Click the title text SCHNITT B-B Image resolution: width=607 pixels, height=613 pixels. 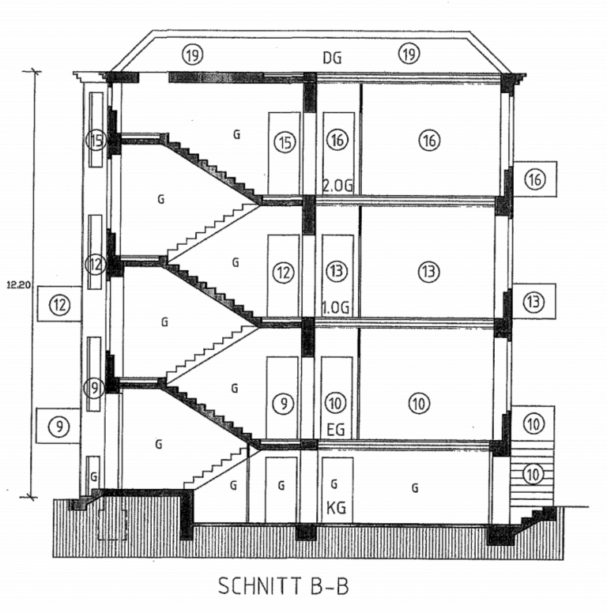pos(282,587)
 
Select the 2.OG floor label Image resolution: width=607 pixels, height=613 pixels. pos(335,186)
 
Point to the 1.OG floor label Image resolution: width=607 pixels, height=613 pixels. pos(335,306)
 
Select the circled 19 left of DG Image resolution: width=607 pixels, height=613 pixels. pos(192,55)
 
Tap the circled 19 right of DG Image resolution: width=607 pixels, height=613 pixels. pos(408,54)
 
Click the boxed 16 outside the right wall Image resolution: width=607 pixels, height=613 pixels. pos(535,180)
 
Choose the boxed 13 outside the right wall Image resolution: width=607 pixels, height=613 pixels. pos(534,301)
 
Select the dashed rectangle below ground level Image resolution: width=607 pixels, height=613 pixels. pos(112,524)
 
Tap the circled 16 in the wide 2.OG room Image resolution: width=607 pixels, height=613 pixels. pos(429,141)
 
